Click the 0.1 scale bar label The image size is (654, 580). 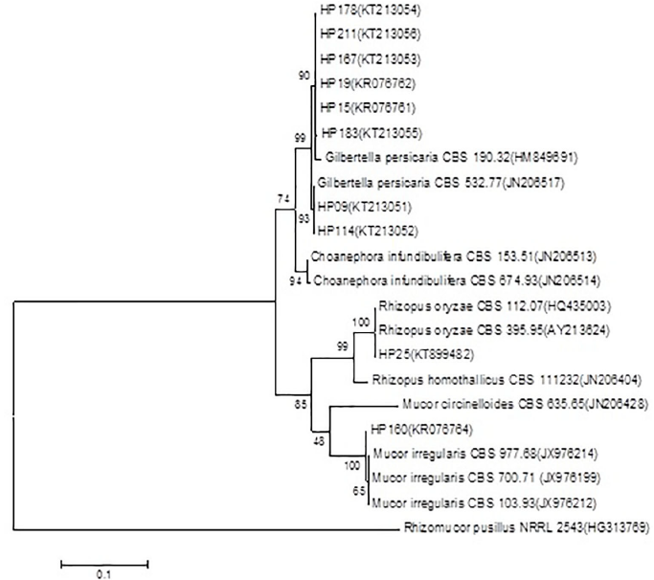tap(103, 573)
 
